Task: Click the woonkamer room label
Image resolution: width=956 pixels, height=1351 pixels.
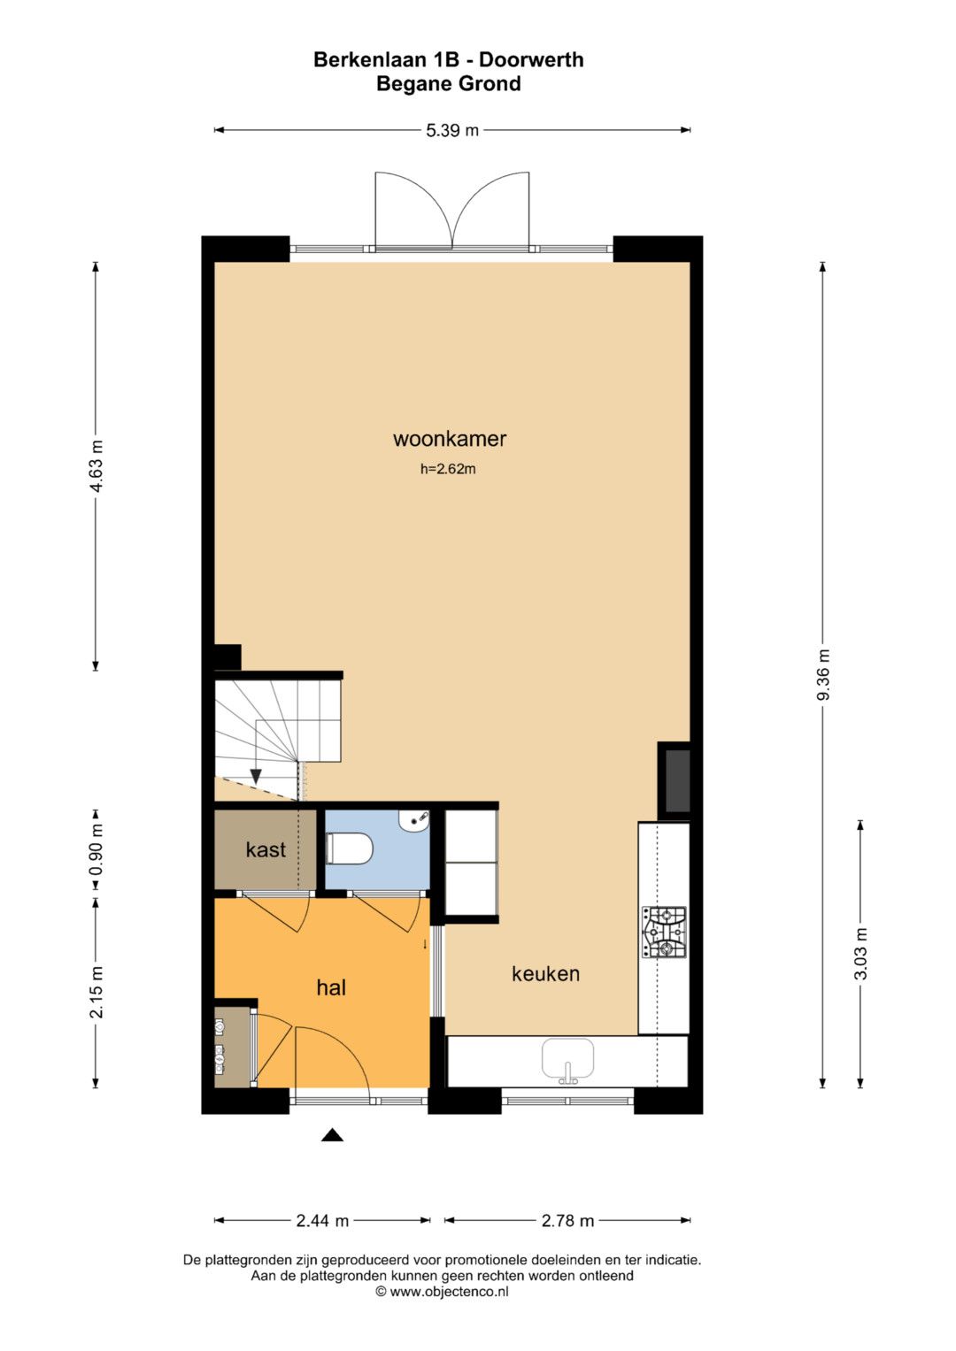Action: (450, 439)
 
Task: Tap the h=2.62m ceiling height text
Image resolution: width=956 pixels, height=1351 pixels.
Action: (448, 469)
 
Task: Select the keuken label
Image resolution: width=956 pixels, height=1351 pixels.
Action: (545, 973)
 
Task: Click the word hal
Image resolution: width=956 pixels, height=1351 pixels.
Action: (331, 987)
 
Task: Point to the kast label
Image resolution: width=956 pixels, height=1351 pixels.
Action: (266, 850)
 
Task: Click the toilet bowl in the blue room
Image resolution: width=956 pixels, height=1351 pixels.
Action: (349, 848)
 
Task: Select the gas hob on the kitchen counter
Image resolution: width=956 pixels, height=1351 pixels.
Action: (664, 933)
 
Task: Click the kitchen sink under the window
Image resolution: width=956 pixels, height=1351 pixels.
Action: (567, 1061)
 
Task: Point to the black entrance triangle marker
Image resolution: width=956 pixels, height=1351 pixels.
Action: (332, 1136)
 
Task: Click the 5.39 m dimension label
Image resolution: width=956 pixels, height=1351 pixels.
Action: (452, 130)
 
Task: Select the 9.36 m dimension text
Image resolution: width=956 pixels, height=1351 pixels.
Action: (823, 674)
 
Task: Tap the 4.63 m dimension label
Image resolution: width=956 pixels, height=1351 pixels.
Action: (96, 466)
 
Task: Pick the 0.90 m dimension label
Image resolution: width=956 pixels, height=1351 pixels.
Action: (96, 850)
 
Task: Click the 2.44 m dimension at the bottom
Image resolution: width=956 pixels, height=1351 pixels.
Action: (322, 1221)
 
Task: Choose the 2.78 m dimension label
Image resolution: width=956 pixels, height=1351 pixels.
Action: (567, 1221)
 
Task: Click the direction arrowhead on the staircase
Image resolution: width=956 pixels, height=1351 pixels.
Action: (256, 777)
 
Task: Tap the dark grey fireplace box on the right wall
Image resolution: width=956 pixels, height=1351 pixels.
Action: (677, 781)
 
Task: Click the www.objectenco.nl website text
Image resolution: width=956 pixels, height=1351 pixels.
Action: (450, 1292)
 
